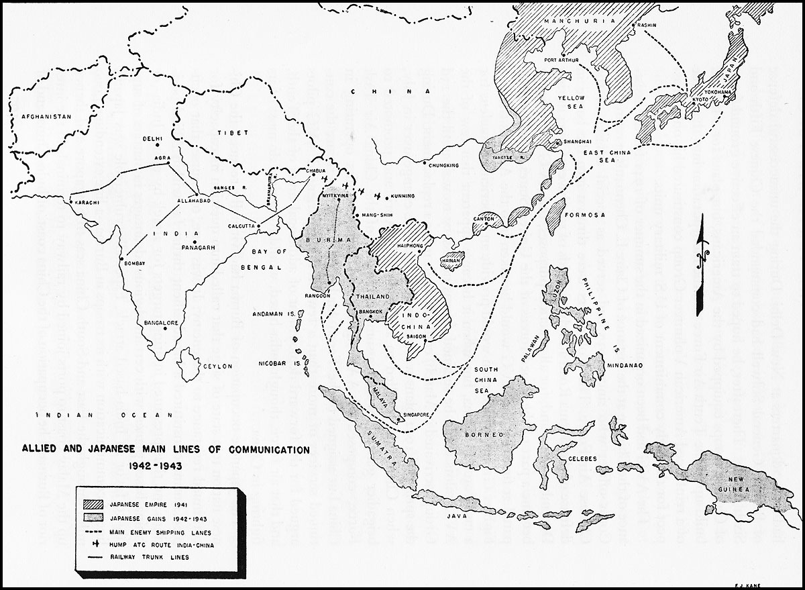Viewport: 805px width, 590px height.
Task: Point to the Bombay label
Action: click(131, 264)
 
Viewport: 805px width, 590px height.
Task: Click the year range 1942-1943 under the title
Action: click(157, 464)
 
